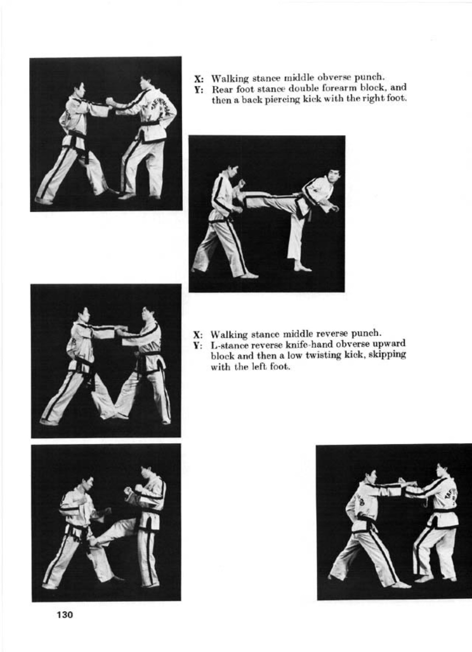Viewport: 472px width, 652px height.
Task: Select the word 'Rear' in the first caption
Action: [x=221, y=88]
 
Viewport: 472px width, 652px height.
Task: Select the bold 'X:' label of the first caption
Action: [x=199, y=79]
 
